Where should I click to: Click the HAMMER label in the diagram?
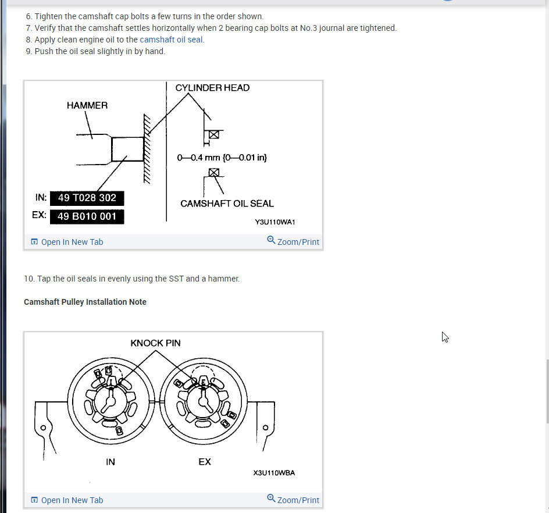[x=87, y=105]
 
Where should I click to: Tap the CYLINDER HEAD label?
[x=212, y=88]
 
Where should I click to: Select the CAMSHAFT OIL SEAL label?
[x=227, y=204]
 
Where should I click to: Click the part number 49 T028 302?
[x=87, y=198]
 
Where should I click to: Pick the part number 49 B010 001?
[x=87, y=216]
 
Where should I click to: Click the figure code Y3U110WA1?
[x=275, y=222]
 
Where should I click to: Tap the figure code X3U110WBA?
[x=274, y=473]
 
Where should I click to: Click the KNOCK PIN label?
[x=155, y=343]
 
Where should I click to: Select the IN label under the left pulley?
[x=110, y=462]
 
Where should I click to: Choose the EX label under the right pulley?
[x=205, y=462]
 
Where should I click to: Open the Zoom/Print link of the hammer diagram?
[x=293, y=241]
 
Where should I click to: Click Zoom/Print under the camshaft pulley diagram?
[x=293, y=500]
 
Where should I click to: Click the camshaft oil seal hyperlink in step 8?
[x=171, y=40]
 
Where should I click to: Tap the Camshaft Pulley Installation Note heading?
[x=85, y=302]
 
